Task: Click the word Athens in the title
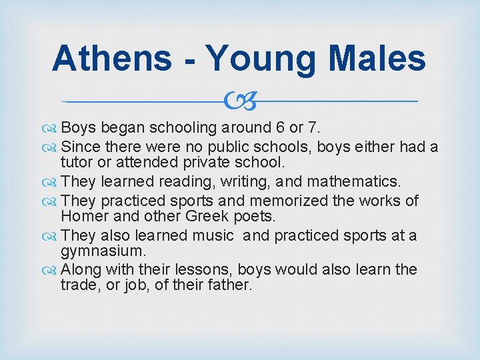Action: pos(112,58)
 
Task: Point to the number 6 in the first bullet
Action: pos(275,127)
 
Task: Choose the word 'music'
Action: pos(212,235)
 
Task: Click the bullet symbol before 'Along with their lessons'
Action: pos(53,270)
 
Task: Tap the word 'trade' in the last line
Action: pos(79,285)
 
